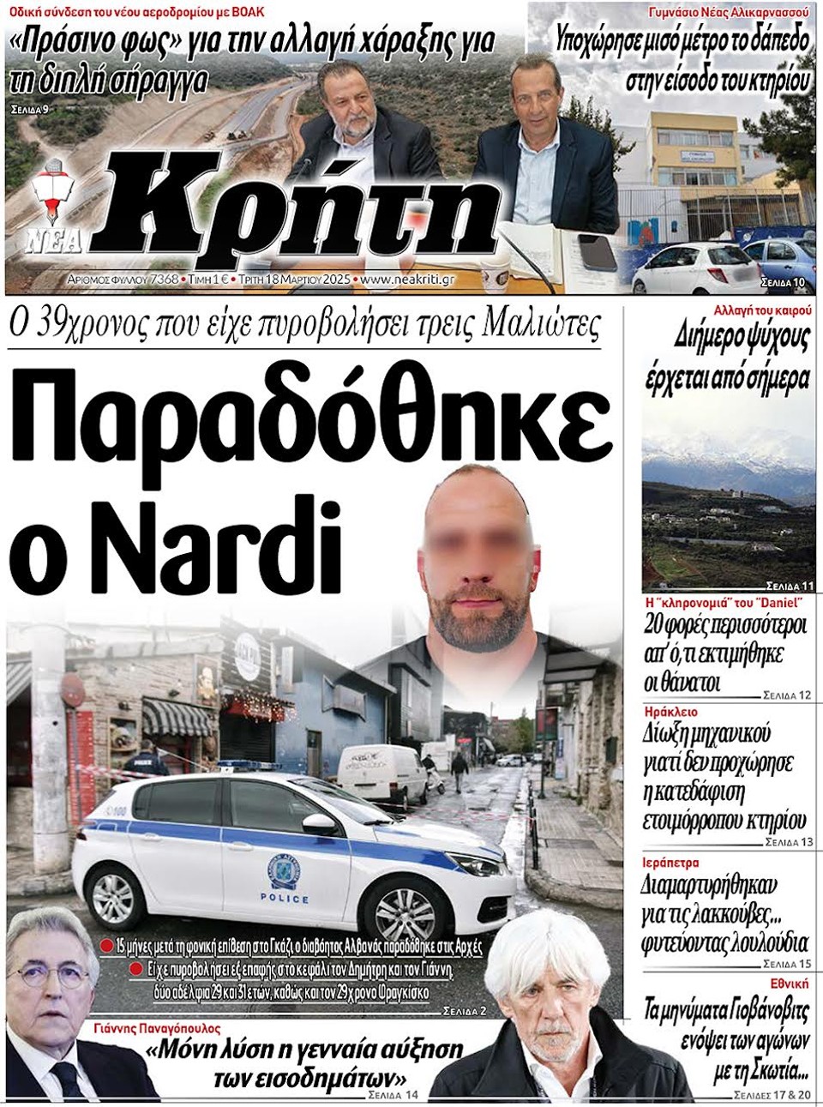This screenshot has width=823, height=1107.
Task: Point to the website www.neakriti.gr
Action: [407, 280]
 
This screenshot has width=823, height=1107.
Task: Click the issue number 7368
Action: [163, 280]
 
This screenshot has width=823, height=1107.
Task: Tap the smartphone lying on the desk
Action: [598, 250]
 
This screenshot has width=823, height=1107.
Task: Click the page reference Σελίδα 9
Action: [32, 110]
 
